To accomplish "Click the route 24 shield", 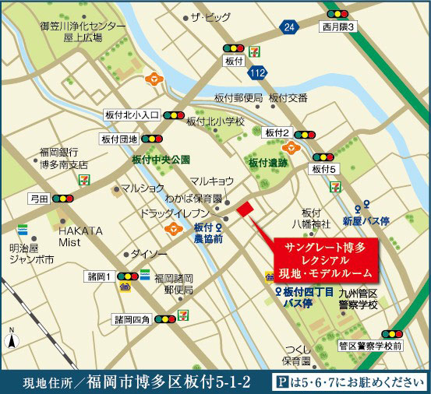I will pyautogui.click(x=290, y=28).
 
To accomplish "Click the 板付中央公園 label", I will pyautogui.click(x=161, y=159).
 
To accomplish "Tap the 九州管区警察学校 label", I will pyautogui.click(x=357, y=298).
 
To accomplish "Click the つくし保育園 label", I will pyautogui.click(x=298, y=355).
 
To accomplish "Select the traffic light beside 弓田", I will pyautogui.click(x=62, y=199).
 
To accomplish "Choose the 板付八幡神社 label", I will pyautogui.click(x=312, y=218).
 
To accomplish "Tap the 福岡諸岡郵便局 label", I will pyautogui.click(x=173, y=283).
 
